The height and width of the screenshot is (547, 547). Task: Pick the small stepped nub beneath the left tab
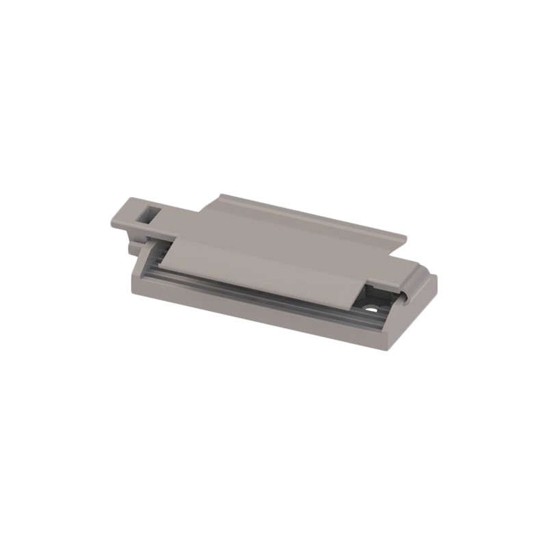point(134,242)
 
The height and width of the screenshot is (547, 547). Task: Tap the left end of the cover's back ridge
point(220,196)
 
